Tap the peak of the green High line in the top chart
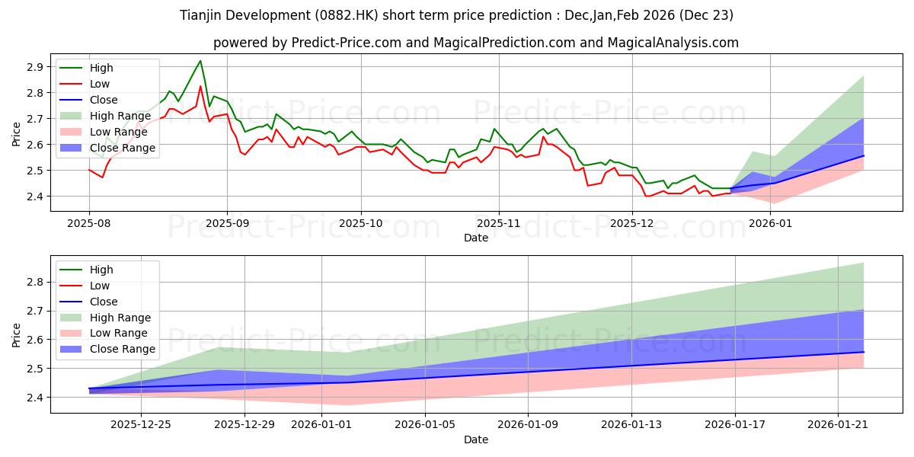click(x=200, y=61)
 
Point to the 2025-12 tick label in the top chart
click(x=633, y=223)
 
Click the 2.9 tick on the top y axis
click(x=34, y=67)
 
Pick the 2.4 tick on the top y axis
click(x=34, y=197)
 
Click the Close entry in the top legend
click(x=104, y=100)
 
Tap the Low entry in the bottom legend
click(x=100, y=286)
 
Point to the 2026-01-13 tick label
click(x=631, y=425)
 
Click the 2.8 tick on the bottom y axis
click(x=34, y=282)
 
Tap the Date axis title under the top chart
click(x=476, y=238)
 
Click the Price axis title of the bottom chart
click(x=17, y=334)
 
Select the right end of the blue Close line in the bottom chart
click(x=864, y=352)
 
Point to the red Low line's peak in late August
click(x=200, y=86)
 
